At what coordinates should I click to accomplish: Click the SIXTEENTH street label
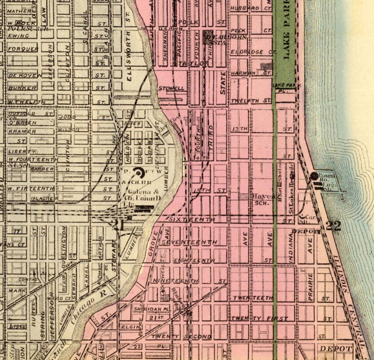(192, 220)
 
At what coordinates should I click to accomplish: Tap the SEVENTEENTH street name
(189, 242)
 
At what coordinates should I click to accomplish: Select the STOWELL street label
(171, 89)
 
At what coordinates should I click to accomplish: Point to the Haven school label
(263, 197)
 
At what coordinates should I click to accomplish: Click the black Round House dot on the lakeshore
(314, 176)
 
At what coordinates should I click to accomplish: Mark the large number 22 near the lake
(333, 226)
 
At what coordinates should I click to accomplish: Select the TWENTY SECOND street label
(181, 337)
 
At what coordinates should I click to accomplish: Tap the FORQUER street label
(23, 49)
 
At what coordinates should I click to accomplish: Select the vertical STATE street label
(223, 83)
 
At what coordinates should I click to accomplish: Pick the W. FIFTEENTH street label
(31, 189)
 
